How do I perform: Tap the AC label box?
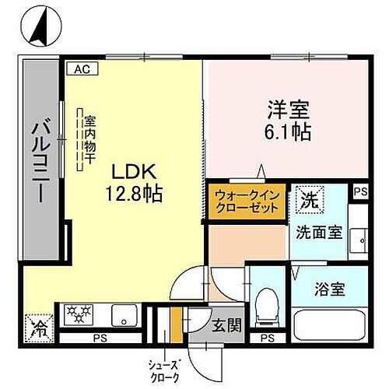(x=82, y=68)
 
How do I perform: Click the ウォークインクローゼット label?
(x=245, y=201)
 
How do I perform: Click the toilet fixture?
(x=267, y=300)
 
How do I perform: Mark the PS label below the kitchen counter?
(x=99, y=339)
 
